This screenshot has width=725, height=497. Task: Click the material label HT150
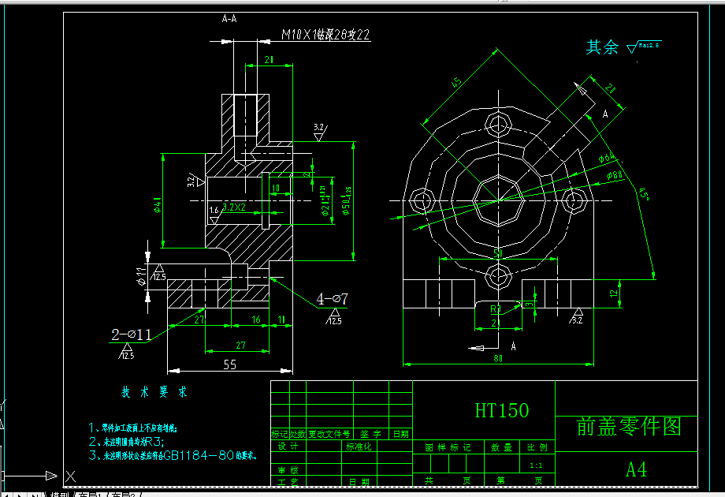pos(502,410)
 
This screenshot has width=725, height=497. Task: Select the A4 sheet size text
pos(636,469)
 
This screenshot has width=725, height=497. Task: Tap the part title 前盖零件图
pos(628,427)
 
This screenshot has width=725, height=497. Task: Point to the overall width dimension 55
pos(230,364)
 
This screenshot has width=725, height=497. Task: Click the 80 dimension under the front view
pos(497,358)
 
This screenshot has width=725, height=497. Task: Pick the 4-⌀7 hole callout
pos(333,299)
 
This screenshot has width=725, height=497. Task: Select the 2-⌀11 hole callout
pos(131,334)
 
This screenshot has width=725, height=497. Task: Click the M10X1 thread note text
pos(325,35)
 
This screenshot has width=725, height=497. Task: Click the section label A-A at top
pos(229,18)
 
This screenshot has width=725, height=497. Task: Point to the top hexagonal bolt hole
pos(499,124)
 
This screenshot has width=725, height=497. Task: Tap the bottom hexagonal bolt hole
pos(499,275)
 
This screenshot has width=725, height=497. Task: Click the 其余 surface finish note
pos(603,47)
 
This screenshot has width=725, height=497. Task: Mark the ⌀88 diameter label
pos(615,174)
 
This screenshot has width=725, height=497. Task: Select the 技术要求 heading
pos(154,392)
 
